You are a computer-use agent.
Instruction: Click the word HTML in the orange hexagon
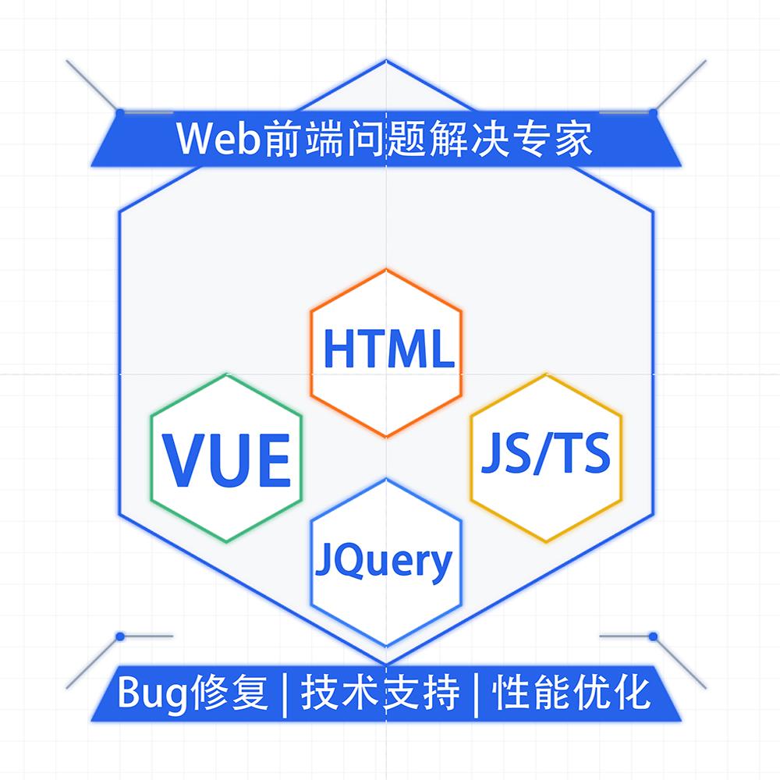click(x=388, y=349)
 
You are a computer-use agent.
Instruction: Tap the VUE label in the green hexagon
click(x=227, y=460)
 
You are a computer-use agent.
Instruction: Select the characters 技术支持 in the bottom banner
click(x=380, y=692)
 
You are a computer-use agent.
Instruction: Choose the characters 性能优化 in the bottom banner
click(x=572, y=692)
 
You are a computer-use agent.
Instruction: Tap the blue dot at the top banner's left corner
click(x=120, y=112)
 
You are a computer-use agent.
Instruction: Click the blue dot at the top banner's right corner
click(x=654, y=112)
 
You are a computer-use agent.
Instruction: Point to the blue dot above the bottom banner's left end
click(x=120, y=636)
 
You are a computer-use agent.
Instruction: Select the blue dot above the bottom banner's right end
click(x=654, y=636)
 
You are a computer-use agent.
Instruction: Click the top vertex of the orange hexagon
click(x=386, y=270)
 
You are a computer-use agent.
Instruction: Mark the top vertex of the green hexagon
click(x=226, y=374)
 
